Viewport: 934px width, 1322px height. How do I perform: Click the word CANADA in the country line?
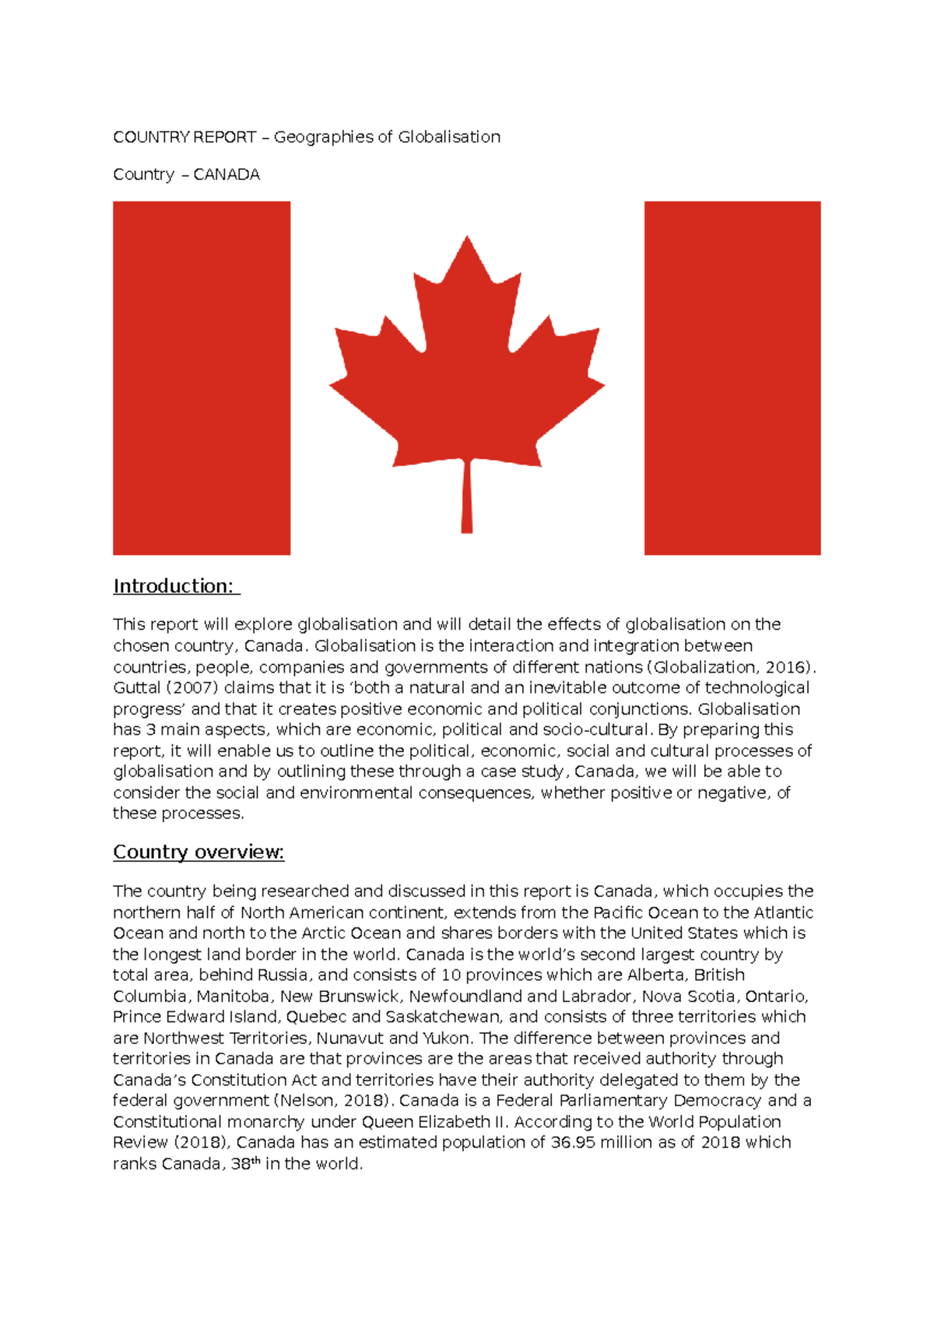coord(226,174)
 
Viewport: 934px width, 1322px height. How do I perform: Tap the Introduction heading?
coord(176,585)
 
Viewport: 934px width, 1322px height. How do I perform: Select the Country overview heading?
coord(198,852)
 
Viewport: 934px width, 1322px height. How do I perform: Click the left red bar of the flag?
coord(202,378)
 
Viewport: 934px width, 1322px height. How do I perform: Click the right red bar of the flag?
coord(732,378)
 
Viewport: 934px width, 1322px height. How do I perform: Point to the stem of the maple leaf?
coord(467,498)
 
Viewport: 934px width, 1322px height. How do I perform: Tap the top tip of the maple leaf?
coord(467,240)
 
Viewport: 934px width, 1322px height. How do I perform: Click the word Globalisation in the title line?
coord(449,137)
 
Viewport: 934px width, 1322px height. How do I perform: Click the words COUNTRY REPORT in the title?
coord(184,137)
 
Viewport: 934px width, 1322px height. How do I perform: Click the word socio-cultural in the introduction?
coord(595,730)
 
